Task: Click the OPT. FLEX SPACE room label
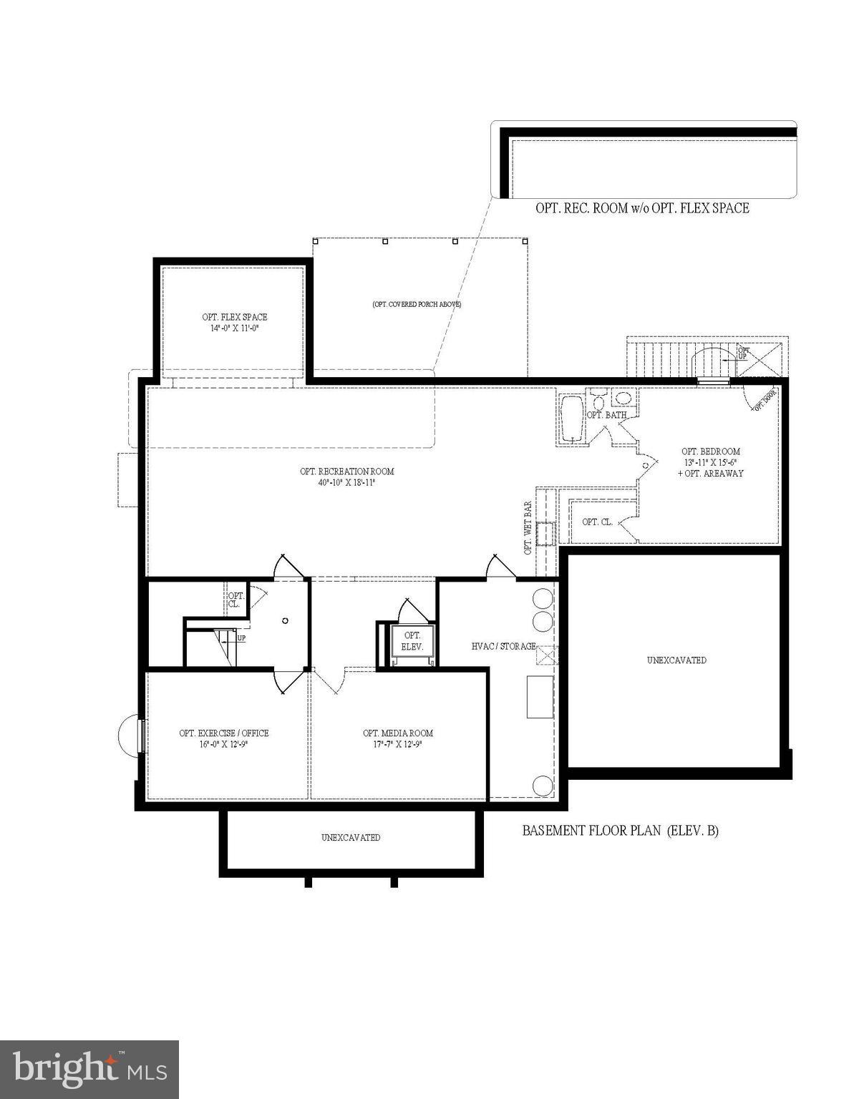pos(234,317)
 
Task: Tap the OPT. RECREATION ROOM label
pos(346,472)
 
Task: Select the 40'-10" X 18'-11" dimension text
pos(346,483)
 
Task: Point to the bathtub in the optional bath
pos(571,419)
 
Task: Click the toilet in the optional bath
pos(597,399)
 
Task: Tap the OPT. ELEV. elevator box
pos(412,641)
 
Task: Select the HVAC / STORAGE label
pos(503,646)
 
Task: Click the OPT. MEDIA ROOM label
pos(398,733)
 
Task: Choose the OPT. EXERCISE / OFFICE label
pos(224,733)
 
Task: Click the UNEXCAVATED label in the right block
pos(676,660)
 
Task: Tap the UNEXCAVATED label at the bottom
pos(351,837)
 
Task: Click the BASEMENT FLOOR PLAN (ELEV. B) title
pos(620,831)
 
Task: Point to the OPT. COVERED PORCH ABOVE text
pos(417,304)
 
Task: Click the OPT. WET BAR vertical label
pos(528,528)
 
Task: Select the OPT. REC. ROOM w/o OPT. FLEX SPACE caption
pos(642,208)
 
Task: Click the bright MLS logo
pos(89,1068)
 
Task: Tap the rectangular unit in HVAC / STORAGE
pos(540,696)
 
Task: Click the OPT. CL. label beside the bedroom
pos(596,522)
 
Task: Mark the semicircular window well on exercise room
pos(129,736)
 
